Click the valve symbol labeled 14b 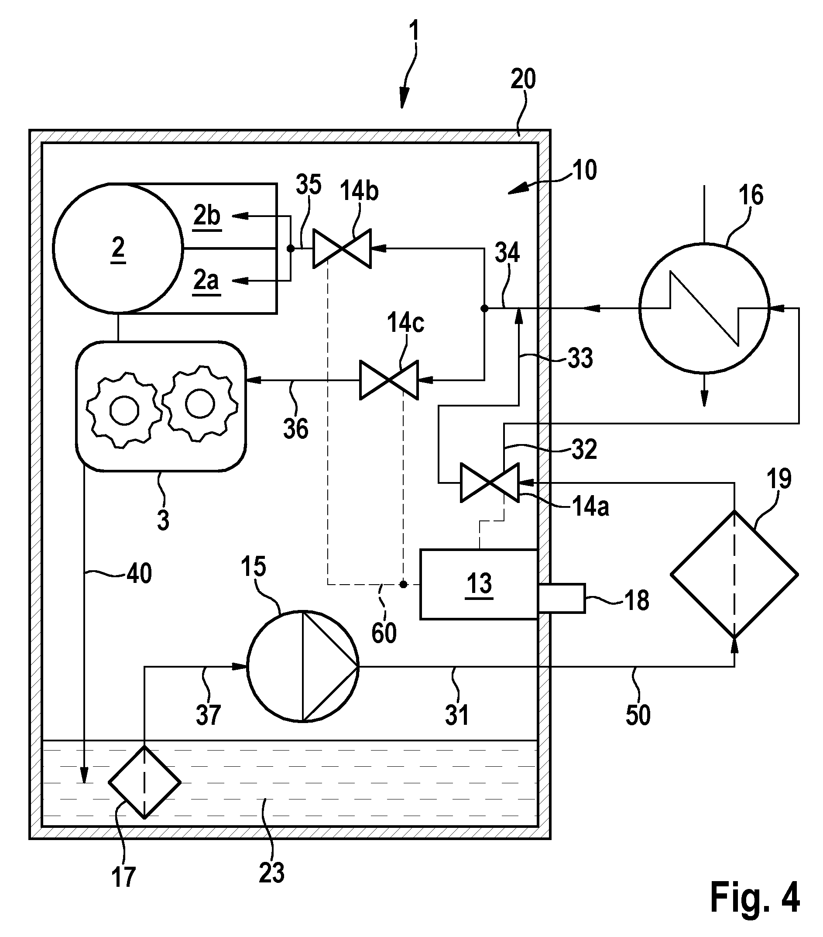point(342,248)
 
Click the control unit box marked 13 point(479,585)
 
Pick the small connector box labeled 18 point(562,598)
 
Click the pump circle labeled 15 point(303,667)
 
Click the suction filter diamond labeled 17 point(144,782)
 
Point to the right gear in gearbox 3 point(200,404)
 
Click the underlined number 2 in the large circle point(118,249)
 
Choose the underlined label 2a point(206,282)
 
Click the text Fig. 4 point(755,898)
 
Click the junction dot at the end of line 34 point(484,309)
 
